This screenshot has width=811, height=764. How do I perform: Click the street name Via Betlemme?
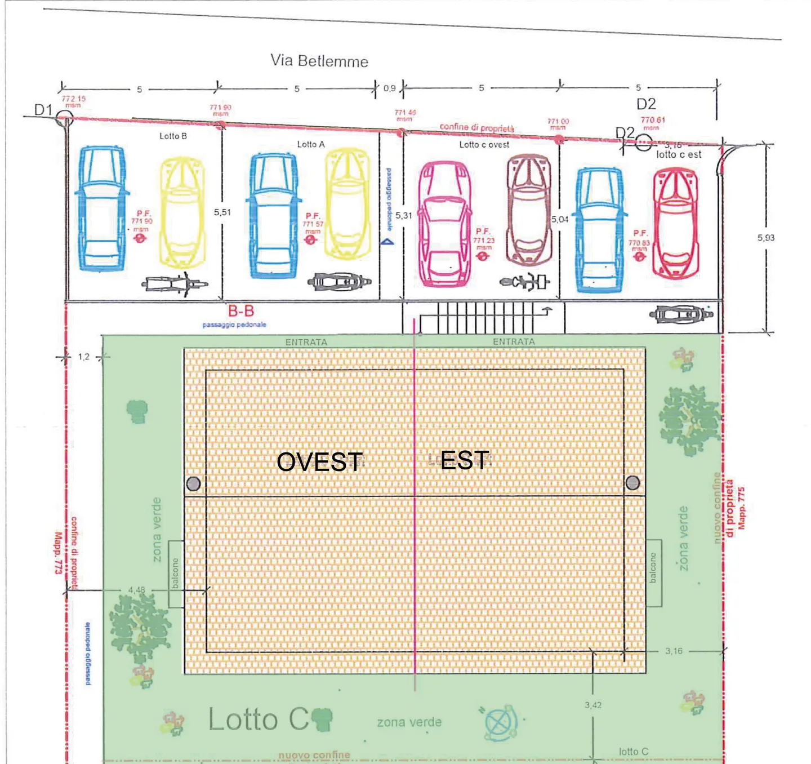[x=319, y=61]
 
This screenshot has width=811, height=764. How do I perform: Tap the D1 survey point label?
[x=43, y=110]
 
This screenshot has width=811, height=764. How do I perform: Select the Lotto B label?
[x=173, y=136]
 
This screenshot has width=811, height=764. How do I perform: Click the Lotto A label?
[x=311, y=145]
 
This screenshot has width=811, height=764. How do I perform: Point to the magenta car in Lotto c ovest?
[x=444, y=223]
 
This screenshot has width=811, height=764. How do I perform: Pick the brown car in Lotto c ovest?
[x=528, y=210]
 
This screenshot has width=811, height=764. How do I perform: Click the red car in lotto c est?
[x=675, y=223]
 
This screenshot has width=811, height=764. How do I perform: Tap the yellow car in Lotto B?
[x=182, y=212]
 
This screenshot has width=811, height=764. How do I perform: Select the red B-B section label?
[x=241, y=311]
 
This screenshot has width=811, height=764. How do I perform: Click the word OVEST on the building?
[x=319, y=462]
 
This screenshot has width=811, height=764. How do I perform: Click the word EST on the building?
[x=465, y=460]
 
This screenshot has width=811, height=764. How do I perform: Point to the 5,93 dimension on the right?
[x=765, y=238]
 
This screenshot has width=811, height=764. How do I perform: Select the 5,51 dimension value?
[x=222, y=212]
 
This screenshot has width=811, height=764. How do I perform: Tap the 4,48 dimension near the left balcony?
[x=136, y=590]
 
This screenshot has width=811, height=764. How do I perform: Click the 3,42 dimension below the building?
[x=593, y=705]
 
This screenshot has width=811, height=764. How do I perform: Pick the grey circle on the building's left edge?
[x=193, y=483]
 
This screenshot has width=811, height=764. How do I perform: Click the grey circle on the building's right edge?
[x=632, y=482]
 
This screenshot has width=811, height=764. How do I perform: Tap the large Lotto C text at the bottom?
[x=259, y=719]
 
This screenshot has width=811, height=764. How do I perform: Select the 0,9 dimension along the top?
[x=389, y=88]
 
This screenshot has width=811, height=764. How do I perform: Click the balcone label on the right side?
[x=653, y=568]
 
